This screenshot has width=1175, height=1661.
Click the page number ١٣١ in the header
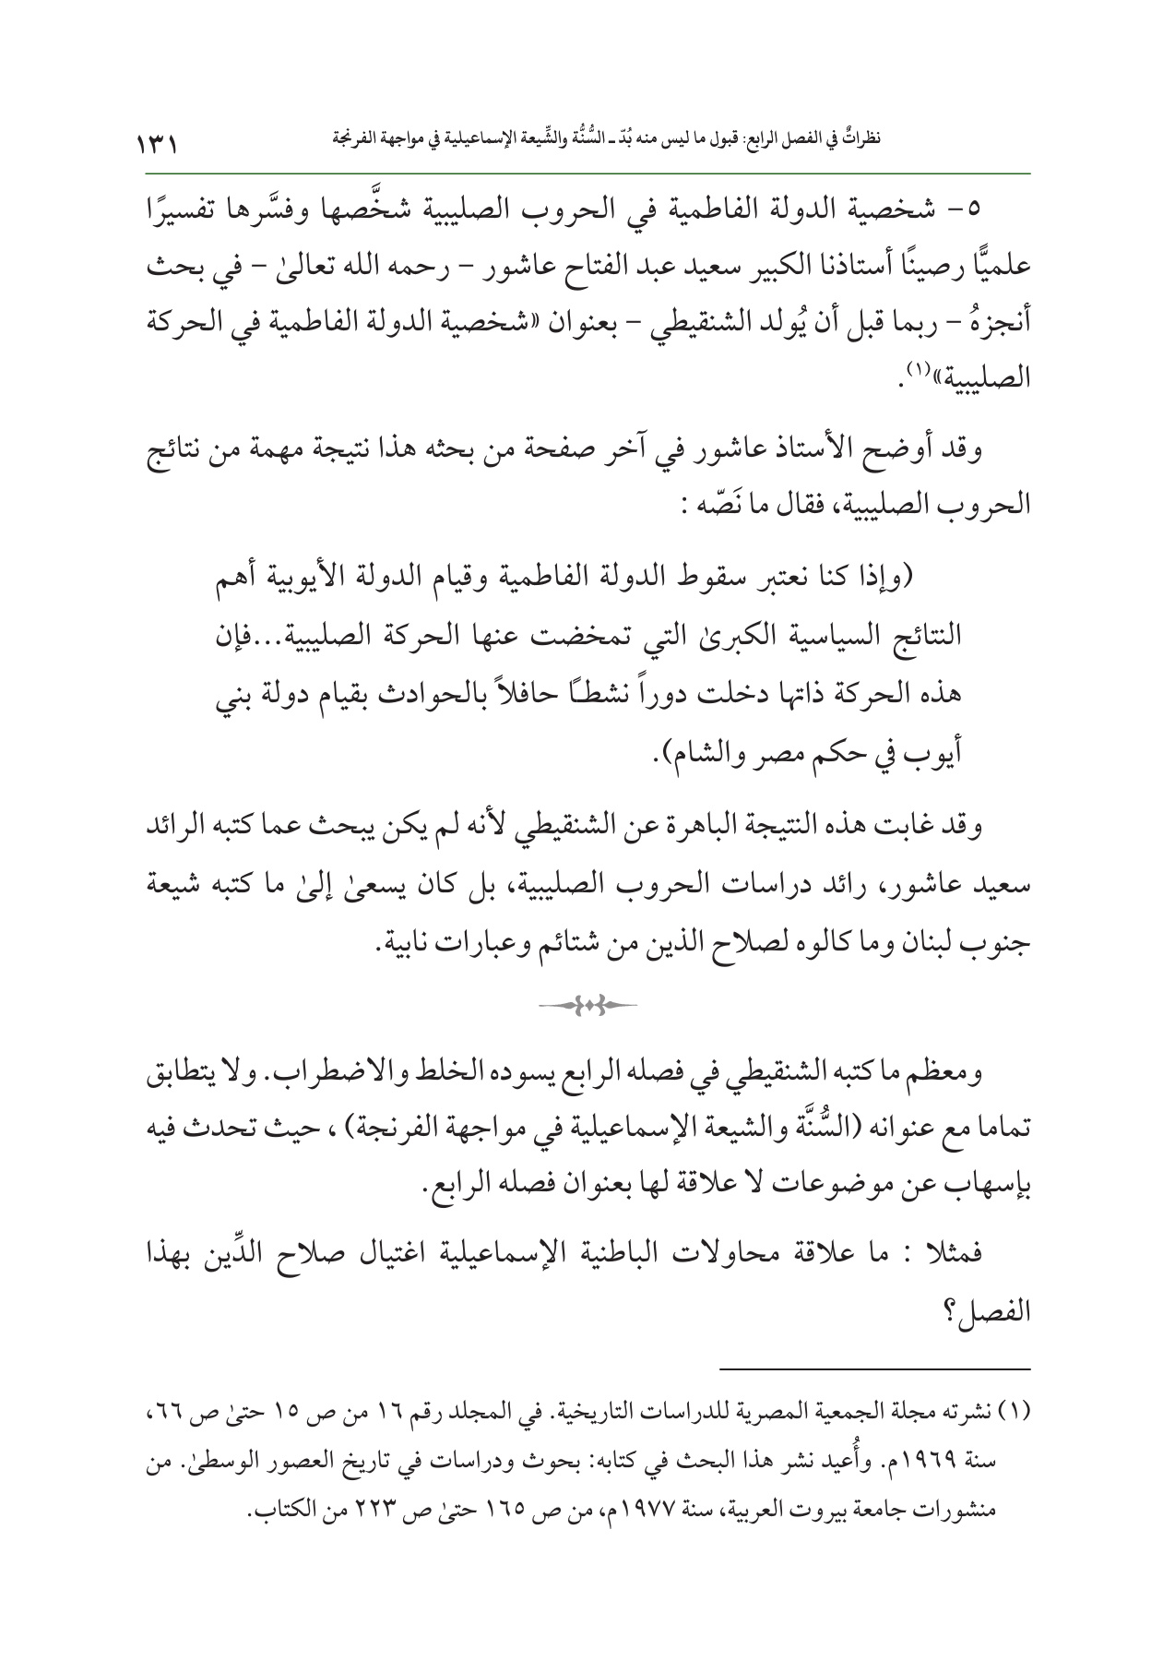pos(158,144)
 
